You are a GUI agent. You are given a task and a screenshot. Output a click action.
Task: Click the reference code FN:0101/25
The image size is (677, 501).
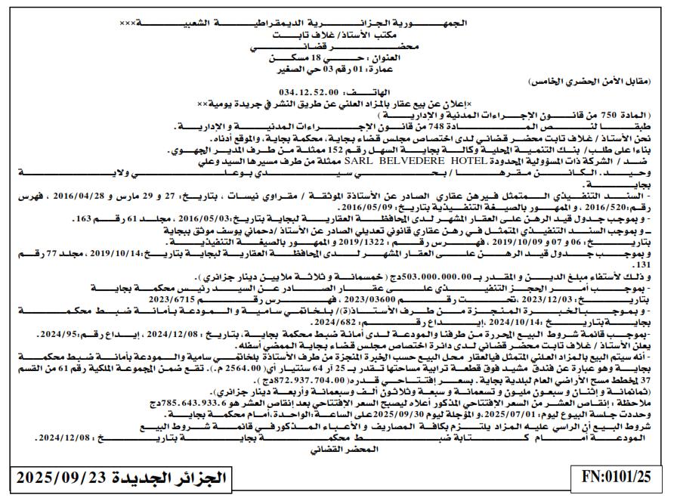[x=617, y=478]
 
